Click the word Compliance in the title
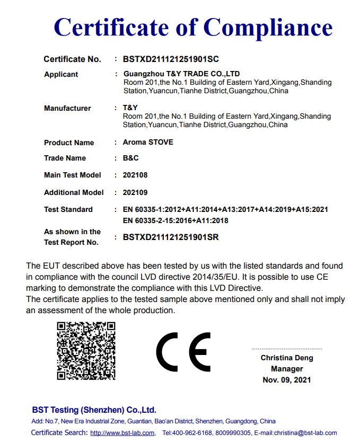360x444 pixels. pyautogui.click(x=268, y=27)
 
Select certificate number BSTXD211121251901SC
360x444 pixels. pyautogui.click(x=171, y=59)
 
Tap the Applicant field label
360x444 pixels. pyautogui.click(x=61, y=74)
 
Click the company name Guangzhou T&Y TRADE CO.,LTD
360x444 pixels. pyautogui.click(x=181, y=74)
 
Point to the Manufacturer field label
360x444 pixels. pyautogui.click(x=67, y=108)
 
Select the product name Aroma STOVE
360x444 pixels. pyautogui.click(x=148, y=142)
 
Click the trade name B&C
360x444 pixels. pyautogui.click(x=131, y=158)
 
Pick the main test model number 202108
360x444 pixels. pyautogui.click(x=135, y=175)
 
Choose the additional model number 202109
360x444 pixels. pyautogui.click(x=135, y=192)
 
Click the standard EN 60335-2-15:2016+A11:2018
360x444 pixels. pyautogui.click(x=175, y=220)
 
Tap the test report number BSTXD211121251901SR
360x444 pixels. pyautogui.click(x=171, y=237)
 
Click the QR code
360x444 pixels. pyautogui.click(x=86, y=350)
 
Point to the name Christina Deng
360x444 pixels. pyautogui.click(x=287, y=358)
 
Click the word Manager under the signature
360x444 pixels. pyautogui.click(x=287, y=369)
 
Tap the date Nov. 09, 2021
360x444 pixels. pyautogui.click(x=287, y=380)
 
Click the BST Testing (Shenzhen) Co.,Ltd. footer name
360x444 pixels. pyautogui.click(x=94, y=410)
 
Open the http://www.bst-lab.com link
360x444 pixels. pyautogui.click(x=122, y=433)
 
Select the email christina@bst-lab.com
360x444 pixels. pyautogui.click(x=305, y=433)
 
